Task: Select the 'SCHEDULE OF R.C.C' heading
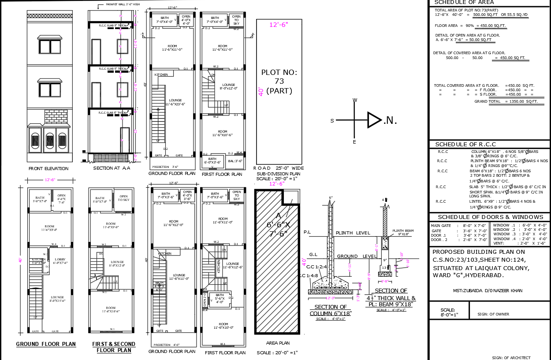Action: tap(465, 145)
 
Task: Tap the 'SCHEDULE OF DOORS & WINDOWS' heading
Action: tap(490, 217)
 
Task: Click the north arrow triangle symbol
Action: tap(374, 120)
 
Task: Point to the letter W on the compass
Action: tap(354, 100)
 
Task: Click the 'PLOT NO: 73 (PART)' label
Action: tap(279, 82)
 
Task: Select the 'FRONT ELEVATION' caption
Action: tap(48, 168)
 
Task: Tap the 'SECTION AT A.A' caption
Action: tap(112, 168)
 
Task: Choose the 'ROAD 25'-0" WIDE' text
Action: tap(279, 168)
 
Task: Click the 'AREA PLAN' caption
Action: tap(278, 343)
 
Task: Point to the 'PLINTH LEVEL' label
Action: tap(353, 233)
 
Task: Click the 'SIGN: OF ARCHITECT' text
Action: tap(511, 357)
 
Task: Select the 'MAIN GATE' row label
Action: tap(440, 226)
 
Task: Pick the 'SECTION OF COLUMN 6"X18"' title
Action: tap(330, 310)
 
